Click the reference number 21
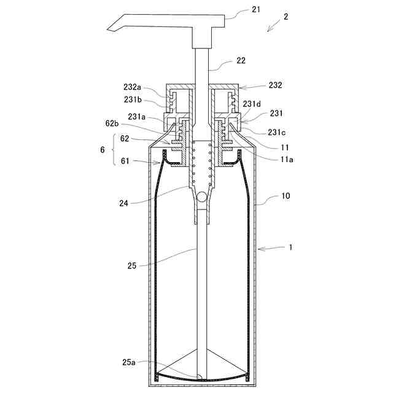[256, 10]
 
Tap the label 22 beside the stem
[241, 61]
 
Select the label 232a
[132, 87]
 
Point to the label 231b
[133, 99]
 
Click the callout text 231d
[251, 104]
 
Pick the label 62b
[112, 123]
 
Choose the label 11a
[286, 159]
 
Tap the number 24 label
[123, 203]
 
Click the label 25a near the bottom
[129, 362]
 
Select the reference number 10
[285, 196]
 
